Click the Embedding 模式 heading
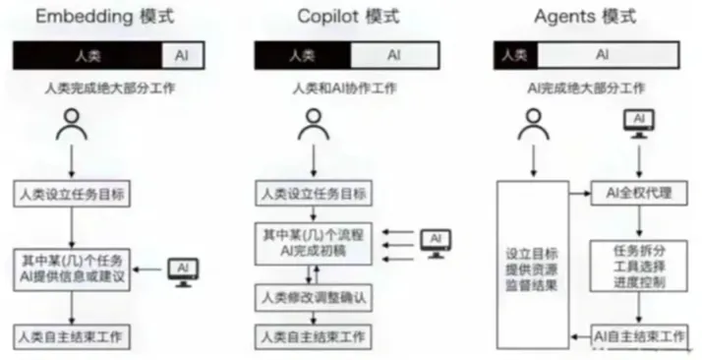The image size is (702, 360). tap(104, 17)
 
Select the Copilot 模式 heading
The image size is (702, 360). tap(348, 17)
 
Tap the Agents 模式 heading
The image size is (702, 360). tap(585, 17)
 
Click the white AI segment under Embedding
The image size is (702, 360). tap(182, 55)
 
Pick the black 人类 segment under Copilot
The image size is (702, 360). tap(303, 55)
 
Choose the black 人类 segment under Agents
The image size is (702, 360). tap(515, 55)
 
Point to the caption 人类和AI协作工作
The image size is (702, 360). tap(344, 89)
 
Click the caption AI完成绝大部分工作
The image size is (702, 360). tap(586, 89)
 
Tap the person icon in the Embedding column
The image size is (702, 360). tap(72, 125)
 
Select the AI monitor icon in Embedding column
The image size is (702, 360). tap(183, 272)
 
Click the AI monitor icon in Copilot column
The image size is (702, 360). tap(436, 244)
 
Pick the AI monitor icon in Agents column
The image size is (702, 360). tap(639, 124)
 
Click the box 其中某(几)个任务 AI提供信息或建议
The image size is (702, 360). tap(72, 270)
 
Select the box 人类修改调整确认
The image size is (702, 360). tap(314, 298)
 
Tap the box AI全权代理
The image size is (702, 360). tap(639, 193)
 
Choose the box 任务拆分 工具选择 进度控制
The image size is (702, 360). tap(639, 267)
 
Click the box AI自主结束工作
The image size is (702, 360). tap(639, 336)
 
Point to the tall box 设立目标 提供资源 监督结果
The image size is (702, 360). tap(533, 265)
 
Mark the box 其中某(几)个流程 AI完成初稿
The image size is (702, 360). tap(314, 243)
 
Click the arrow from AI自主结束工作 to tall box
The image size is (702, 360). tap(581, 337)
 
